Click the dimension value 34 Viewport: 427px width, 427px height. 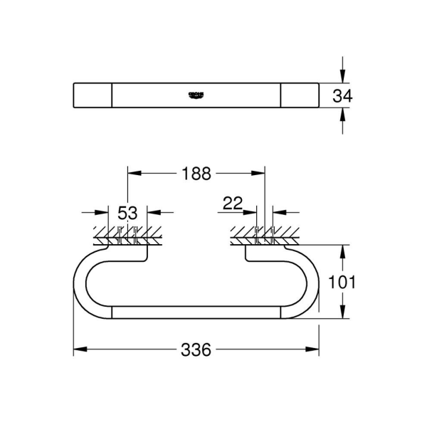point(342,95)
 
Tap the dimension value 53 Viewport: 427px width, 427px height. point(127,212)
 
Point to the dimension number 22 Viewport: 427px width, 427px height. point(233,204)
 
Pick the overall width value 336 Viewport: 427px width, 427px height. point(196,350)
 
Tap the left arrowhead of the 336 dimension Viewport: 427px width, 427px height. point(79,349)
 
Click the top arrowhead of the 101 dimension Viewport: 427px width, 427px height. point(342,251)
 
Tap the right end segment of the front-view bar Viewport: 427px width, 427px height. point(299,95)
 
